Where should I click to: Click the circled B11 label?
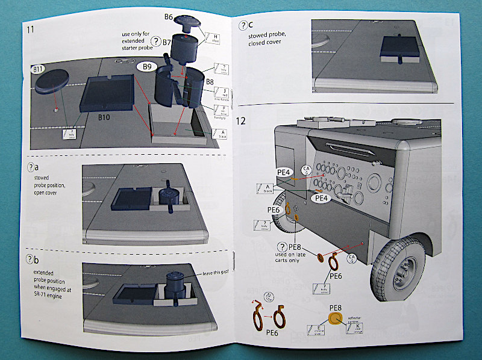click(38, 70)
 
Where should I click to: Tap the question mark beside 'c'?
click(242, 25)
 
